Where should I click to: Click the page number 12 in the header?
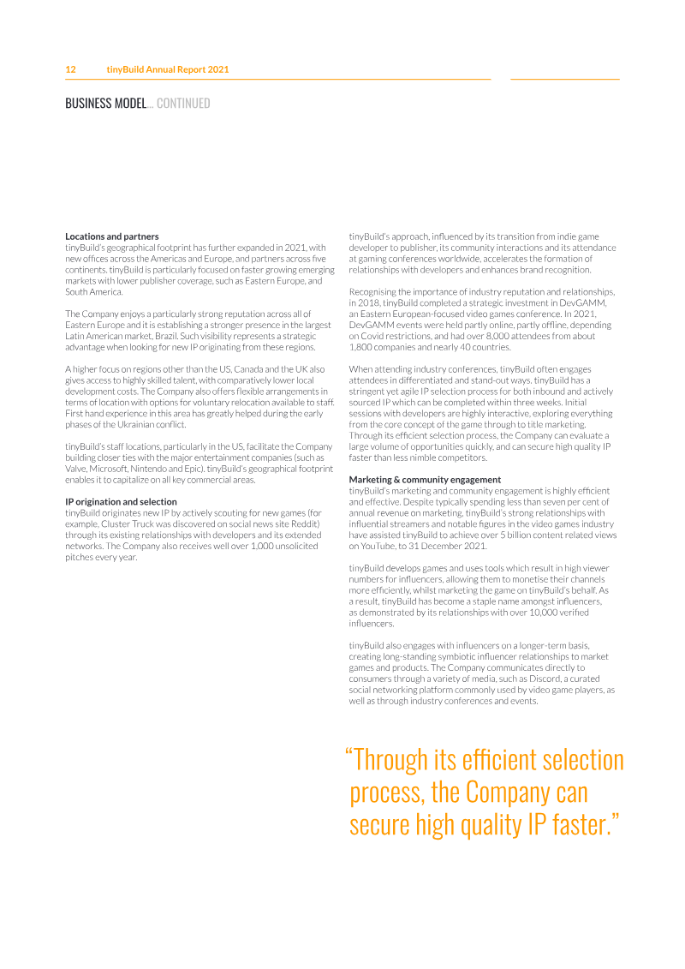[x=71, y=69]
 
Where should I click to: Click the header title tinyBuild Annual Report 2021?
[x=167, y=69]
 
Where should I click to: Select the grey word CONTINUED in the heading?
[x=183, y=104]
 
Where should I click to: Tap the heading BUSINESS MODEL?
[x=106, y=104]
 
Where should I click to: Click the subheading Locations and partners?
[x=111, y=236]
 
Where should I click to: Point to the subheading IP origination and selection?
[x=121, y=502]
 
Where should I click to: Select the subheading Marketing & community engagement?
[x=413, y=479]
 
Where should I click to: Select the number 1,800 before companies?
[x=363, y=347]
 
